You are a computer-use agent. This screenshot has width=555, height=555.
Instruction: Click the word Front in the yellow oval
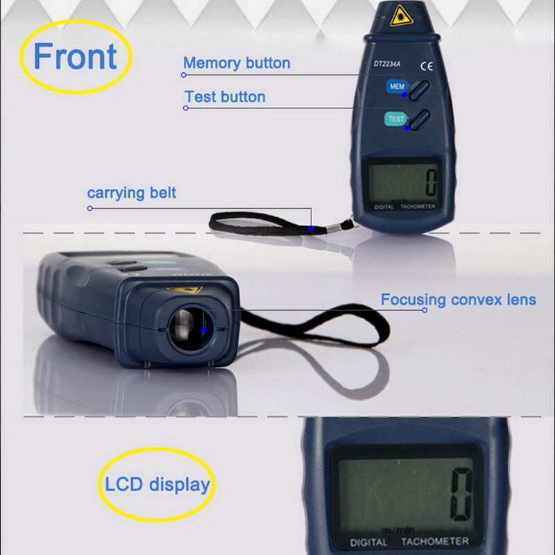click(75, 56)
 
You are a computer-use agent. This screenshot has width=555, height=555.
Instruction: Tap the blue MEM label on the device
click(396, 87)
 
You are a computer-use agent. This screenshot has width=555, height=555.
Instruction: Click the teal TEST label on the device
click(395, 119)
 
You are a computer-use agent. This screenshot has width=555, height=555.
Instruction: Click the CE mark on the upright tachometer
click(427, 67)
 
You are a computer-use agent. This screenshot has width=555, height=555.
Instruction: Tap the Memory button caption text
click(237, 63)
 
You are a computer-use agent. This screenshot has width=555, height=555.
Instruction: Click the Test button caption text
click(225, 96)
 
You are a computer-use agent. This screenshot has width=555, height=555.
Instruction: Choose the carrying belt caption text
click(132, 192)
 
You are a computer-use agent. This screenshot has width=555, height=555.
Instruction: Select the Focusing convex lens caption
click(458, 300)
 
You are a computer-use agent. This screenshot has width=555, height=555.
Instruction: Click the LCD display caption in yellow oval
click(157, 484)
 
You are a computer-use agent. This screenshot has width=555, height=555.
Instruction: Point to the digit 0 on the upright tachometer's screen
click(431, 182)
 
